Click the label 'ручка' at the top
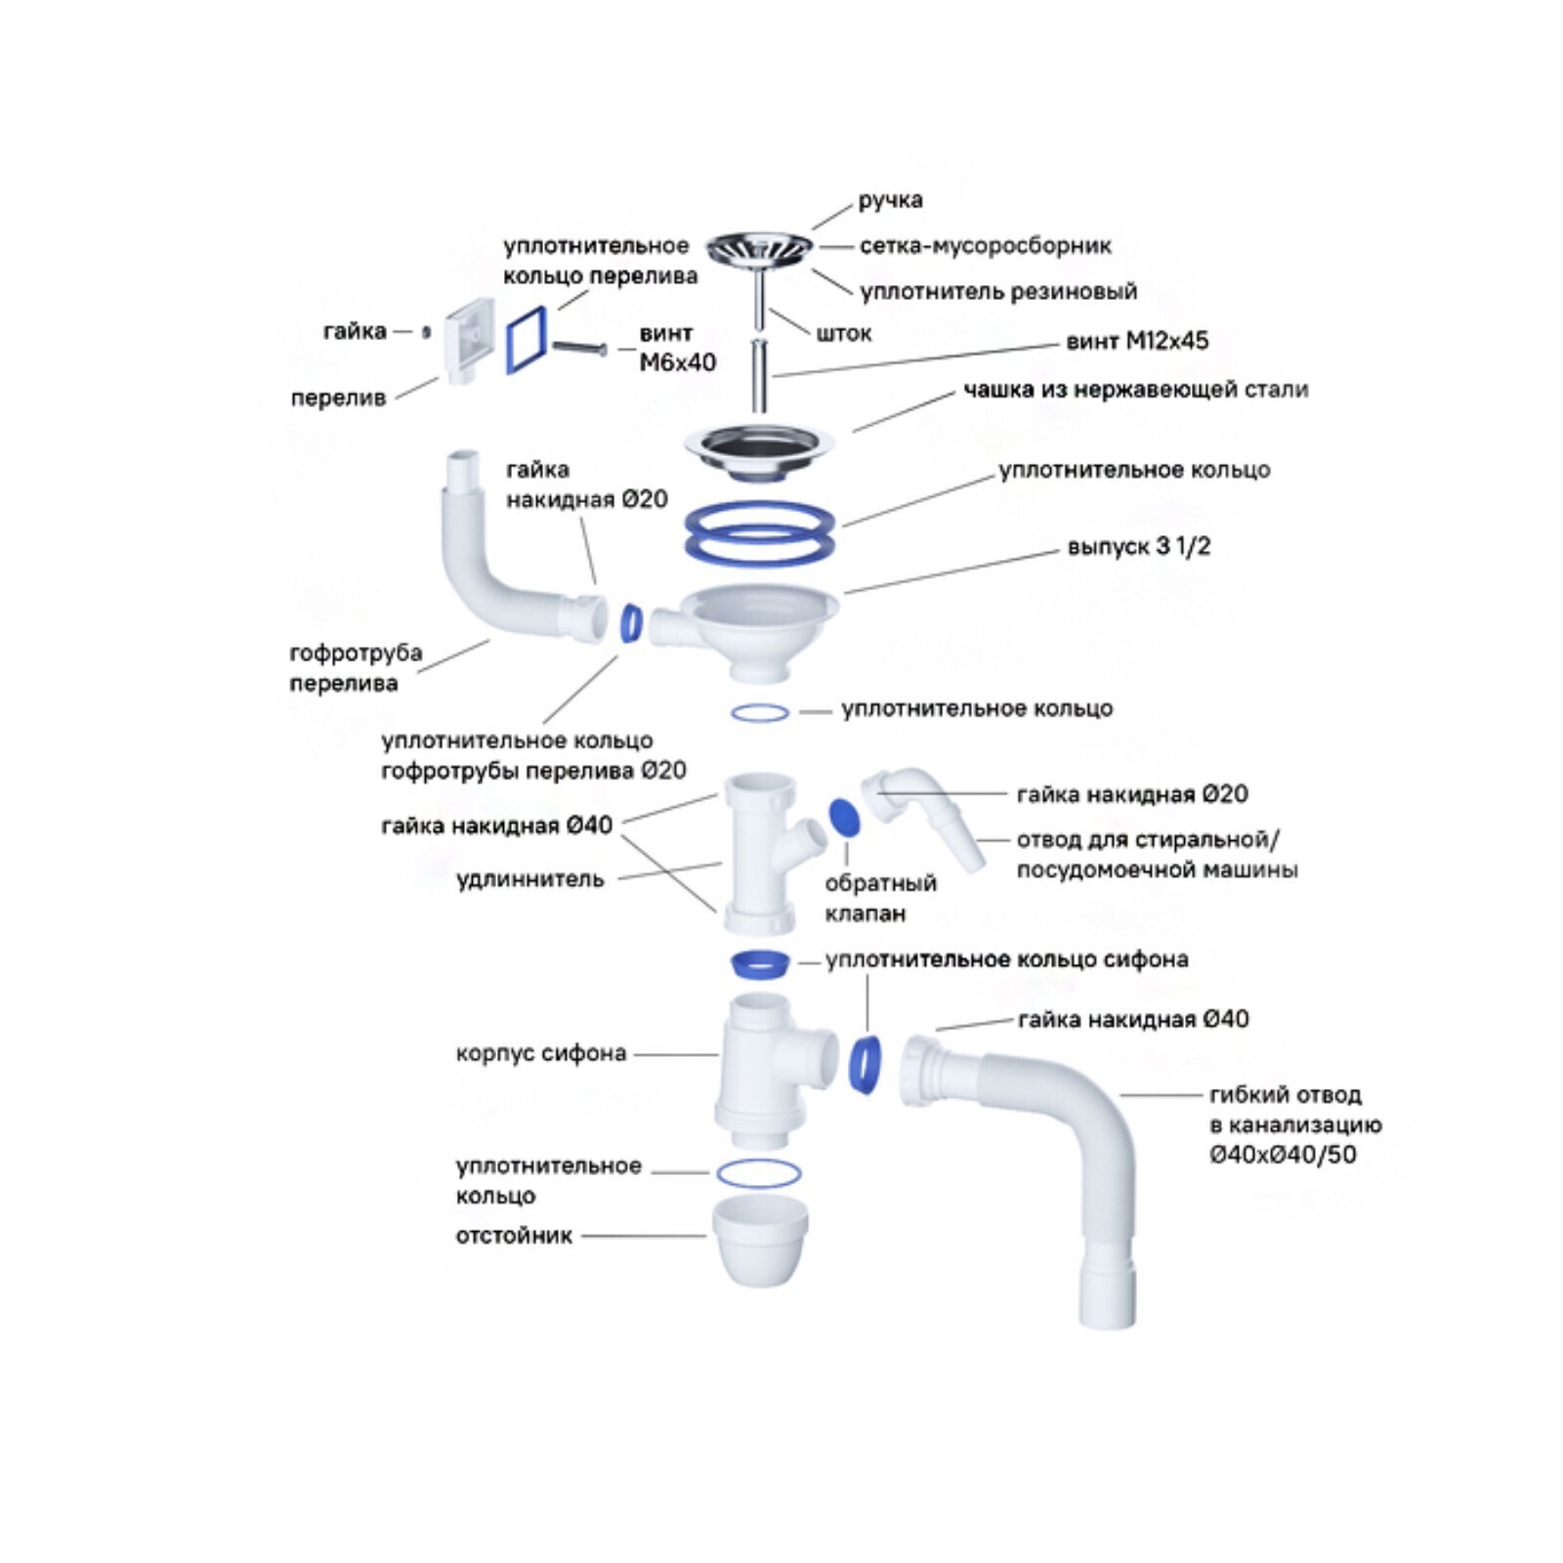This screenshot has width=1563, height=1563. pos(890,200)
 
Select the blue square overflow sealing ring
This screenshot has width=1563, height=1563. pos(528,338)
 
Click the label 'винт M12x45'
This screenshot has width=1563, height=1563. pos(1137,341)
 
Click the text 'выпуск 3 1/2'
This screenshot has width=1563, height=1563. pos(1138,546)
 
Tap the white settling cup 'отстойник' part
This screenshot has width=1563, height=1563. pos(760,1241)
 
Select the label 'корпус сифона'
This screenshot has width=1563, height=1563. pos(540,1053)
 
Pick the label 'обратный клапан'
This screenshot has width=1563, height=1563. pos(879,898)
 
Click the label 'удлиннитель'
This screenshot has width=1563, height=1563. pos(529,879)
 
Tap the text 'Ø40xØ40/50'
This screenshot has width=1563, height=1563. pos(1283,1155)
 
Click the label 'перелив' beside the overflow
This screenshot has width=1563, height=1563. pos(338,398)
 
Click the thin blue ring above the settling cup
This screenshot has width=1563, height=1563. pos(758,1173)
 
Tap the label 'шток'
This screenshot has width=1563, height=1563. pos(843,333)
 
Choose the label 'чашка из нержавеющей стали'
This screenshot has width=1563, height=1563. pos(1135,390)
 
